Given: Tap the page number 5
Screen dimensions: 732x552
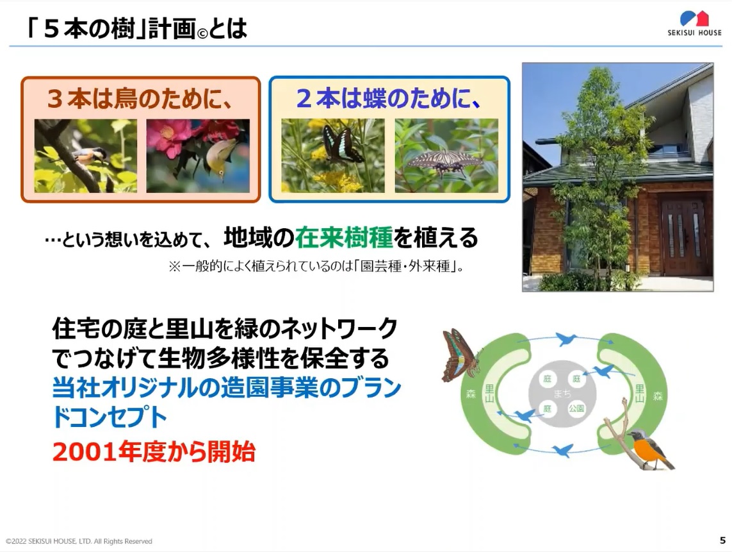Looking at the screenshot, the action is (722, 540).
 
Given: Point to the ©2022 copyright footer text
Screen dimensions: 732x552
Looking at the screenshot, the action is (79, 541).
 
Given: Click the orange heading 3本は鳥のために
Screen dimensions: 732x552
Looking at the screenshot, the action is (140, 99).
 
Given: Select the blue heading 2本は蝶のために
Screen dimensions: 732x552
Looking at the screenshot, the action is (388, 99).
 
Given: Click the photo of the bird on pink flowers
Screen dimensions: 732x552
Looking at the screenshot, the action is (198, 156).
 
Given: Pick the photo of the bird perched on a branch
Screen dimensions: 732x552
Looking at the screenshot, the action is (85, 156).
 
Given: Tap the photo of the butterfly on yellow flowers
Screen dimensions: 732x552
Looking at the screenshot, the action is (333, 156).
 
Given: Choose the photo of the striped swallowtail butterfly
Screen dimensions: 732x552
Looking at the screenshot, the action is (446, 156).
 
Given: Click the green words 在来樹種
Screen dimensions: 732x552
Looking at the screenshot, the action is (344, 237).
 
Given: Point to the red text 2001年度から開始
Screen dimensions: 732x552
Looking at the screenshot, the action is (154, 451).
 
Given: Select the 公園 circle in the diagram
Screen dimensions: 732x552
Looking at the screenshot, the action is (576, 408).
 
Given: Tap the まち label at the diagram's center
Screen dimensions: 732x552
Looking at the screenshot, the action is (562, 394).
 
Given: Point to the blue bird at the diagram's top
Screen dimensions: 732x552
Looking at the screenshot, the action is (566, 339).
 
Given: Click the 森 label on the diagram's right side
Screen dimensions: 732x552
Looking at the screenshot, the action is (658, 396).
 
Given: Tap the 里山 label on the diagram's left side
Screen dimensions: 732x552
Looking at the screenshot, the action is (489, 394).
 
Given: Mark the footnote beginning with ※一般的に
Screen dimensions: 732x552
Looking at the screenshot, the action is (316, 267).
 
